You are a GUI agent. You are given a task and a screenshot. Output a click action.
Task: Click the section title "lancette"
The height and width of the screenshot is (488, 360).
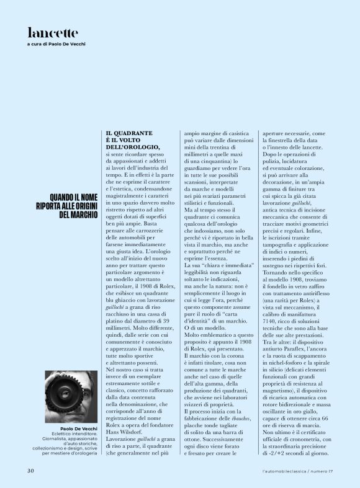[x=53, y=33]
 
